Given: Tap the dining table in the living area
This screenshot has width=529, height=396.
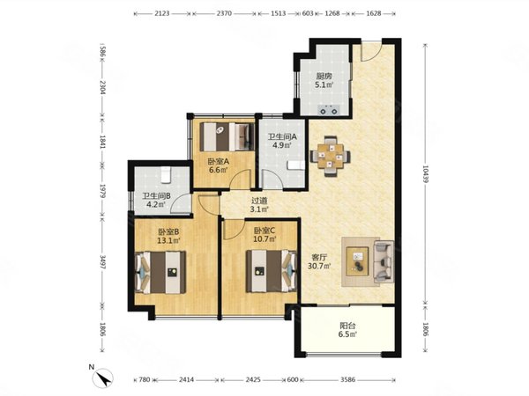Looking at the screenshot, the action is (331, 156).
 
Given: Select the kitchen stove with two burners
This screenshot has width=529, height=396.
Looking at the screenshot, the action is (329, 110).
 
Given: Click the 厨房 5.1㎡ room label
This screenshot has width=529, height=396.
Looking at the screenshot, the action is (324, 80).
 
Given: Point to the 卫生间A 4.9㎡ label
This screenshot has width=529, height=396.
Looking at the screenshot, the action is (282, 141).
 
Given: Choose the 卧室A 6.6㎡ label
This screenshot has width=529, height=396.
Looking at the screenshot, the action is (218, 165).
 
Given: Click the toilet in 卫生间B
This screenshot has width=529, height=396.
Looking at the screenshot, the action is (166, 175).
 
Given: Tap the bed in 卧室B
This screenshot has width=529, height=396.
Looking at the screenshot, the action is (160, 272).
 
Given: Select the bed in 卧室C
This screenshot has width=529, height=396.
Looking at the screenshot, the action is (272, 271).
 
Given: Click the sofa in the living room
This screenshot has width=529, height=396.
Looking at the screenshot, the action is (384, 261).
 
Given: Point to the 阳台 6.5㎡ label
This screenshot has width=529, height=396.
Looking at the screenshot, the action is (348, 330).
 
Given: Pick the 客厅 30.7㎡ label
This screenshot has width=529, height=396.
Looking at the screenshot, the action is (319, 261).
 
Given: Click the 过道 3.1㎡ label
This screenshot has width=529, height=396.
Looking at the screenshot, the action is (259, 205).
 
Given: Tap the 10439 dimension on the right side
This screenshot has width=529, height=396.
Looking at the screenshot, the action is (425, 173).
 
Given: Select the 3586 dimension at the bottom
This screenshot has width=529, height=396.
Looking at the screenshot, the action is (347, 379).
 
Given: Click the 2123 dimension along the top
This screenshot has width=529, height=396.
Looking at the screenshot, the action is (162, 13).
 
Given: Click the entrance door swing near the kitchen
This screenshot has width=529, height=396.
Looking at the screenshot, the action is (371, 52).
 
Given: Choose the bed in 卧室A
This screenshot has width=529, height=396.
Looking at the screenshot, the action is (227, 136).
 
